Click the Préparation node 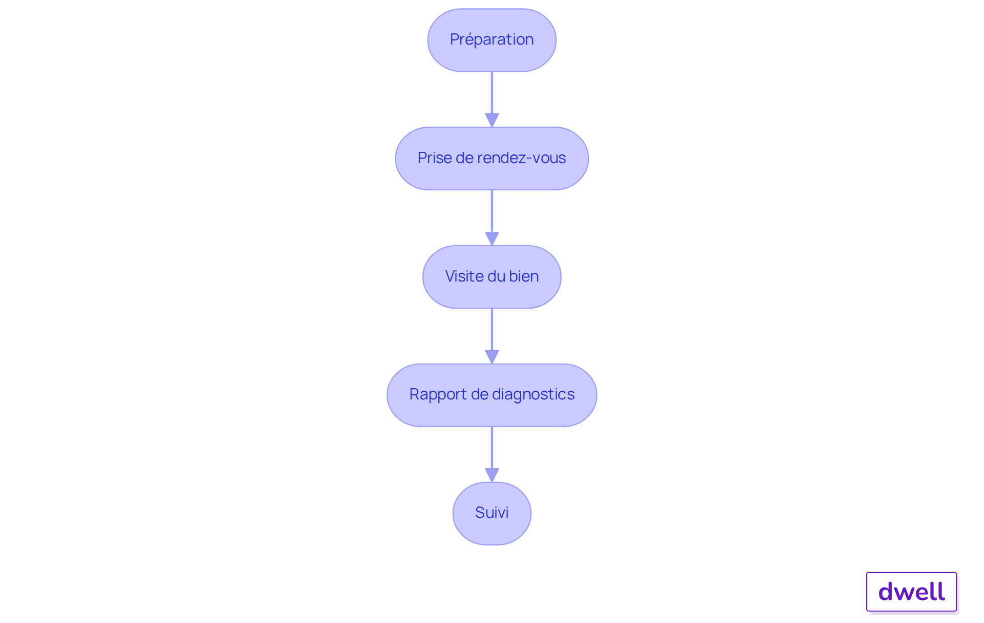pyautogui.click(x=491, y=40)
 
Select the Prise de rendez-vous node pyautogui.click(x=491, y=158)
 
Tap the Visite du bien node pyautogui.click(x=491, y=277)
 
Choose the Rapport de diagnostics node pyautogui.click(x=491, y=395)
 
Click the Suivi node pyautogui.click(x=491, y=513)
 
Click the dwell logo pyautogui.click(x=911, y=592)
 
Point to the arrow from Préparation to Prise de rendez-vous pyautogui.click(x=492, y=95)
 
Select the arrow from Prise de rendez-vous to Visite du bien pyautogui.click(x=492, y=213)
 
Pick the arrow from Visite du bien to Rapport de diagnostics pyautogui.click(x=492, y=331)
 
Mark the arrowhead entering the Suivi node pyautogui.click(x=492, y=475)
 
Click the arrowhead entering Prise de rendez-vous pyautogui.click(x=492, y=120)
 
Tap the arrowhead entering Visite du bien pyautogui.click(x=492, y=238)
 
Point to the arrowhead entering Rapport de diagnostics pyautogui.click(x=492, y=357)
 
